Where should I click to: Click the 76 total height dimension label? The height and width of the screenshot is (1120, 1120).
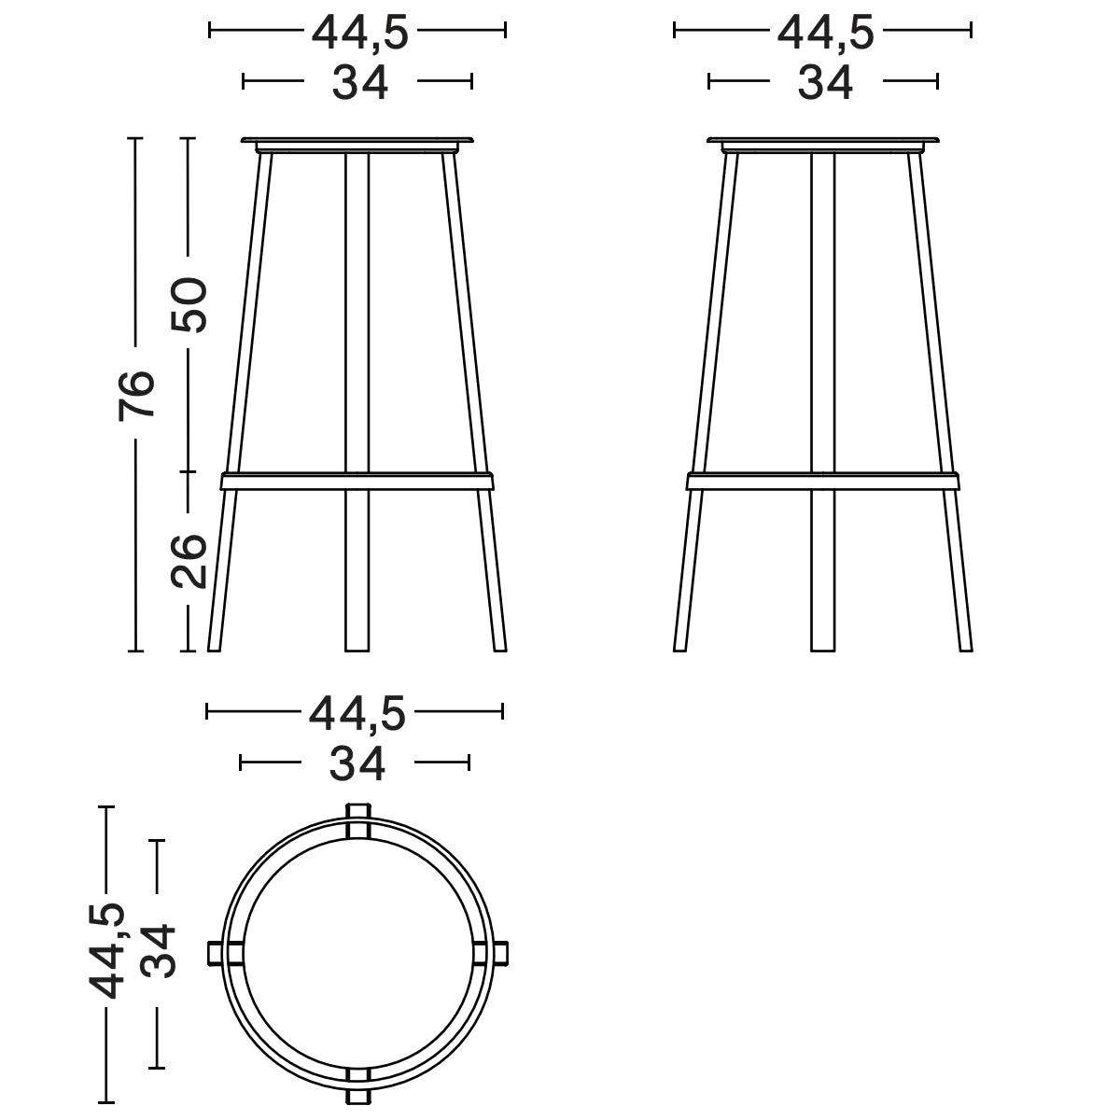pyautogui.click(x=136, y=395)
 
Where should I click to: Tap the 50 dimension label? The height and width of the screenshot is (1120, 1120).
pyautogui.click(x=189, y=304)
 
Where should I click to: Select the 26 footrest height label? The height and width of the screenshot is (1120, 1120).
pyautogui.click(x=189, y=561)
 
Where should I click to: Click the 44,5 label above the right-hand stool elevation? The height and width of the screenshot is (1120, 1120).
pyautogui.click(x=825, y=33)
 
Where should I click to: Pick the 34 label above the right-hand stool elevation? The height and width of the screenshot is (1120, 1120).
pyautogui.click(x=825, y=83)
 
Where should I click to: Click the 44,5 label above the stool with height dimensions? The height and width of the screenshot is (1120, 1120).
pyautogui.click(x=359, y=33)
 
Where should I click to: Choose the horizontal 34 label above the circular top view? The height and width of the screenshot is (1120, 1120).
pyautogui.click(x=357, y=764)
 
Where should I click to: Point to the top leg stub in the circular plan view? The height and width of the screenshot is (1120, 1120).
pyautogui.click(x=357, y=819)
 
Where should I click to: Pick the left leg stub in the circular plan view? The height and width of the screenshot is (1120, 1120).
pyautogui.click(x=223, y=953)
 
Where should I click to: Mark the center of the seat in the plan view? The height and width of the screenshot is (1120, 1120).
pyautogui.click(x=357, y=953)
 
